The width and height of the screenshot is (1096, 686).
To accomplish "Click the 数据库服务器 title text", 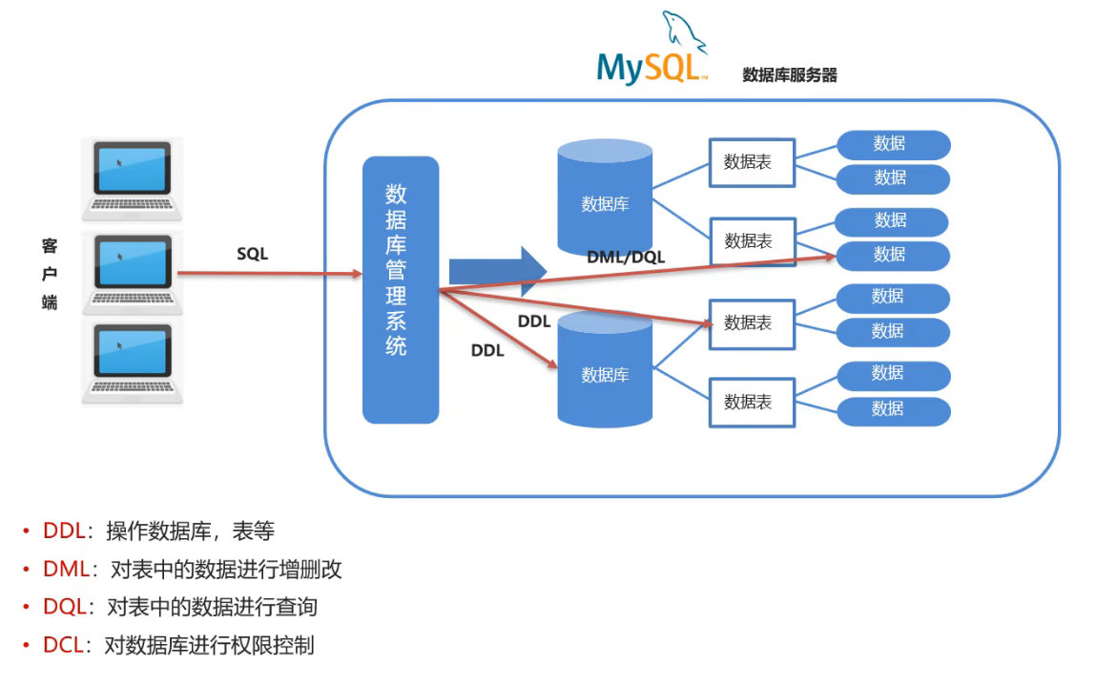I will tap(790, 75).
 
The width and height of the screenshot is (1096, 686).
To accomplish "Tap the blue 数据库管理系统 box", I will tap(400, 289).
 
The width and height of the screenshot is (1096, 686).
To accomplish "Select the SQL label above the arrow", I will tap(253, 254).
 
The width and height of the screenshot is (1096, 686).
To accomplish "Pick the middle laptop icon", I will tap(132, 271).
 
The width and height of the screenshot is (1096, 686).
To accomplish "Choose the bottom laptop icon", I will tap(132, 362).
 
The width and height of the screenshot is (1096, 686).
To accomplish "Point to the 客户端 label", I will tap(50, 274).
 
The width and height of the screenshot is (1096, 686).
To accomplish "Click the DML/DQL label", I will tap(627, 257).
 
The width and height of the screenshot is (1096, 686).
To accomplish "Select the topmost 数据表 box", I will tap(752, 162).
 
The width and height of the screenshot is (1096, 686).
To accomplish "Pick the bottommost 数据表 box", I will tap(752, 402).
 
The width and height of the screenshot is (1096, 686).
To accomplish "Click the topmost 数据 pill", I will tap(893, 144).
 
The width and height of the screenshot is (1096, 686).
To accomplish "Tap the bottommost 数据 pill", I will tap(893, 409).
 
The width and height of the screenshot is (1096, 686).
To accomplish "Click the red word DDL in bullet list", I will tap(64, 531).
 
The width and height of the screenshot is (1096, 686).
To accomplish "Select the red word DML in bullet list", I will tap(66, 570).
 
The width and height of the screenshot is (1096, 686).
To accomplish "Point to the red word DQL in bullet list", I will tap(65, 607).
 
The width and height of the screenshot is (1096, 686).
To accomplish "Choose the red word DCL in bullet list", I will tap(64, 645).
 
